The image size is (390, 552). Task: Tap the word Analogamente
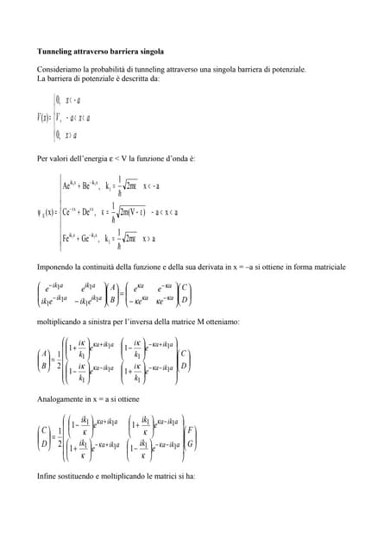(x=61, y=400)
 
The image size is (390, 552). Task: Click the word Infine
(x=47, y=476)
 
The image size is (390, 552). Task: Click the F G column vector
(x=190, y=437)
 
